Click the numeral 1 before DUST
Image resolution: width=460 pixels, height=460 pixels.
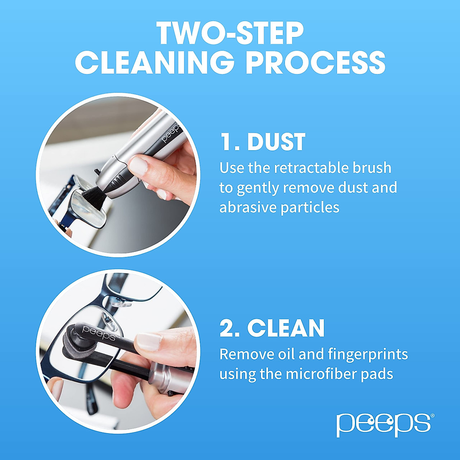pyautogui.click(x=226, y=142)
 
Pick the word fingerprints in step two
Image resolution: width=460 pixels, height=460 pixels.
pyautogui.click(x=368, y=354)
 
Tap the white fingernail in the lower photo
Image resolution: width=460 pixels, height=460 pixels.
pyautogui.click(x=149, y=341)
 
